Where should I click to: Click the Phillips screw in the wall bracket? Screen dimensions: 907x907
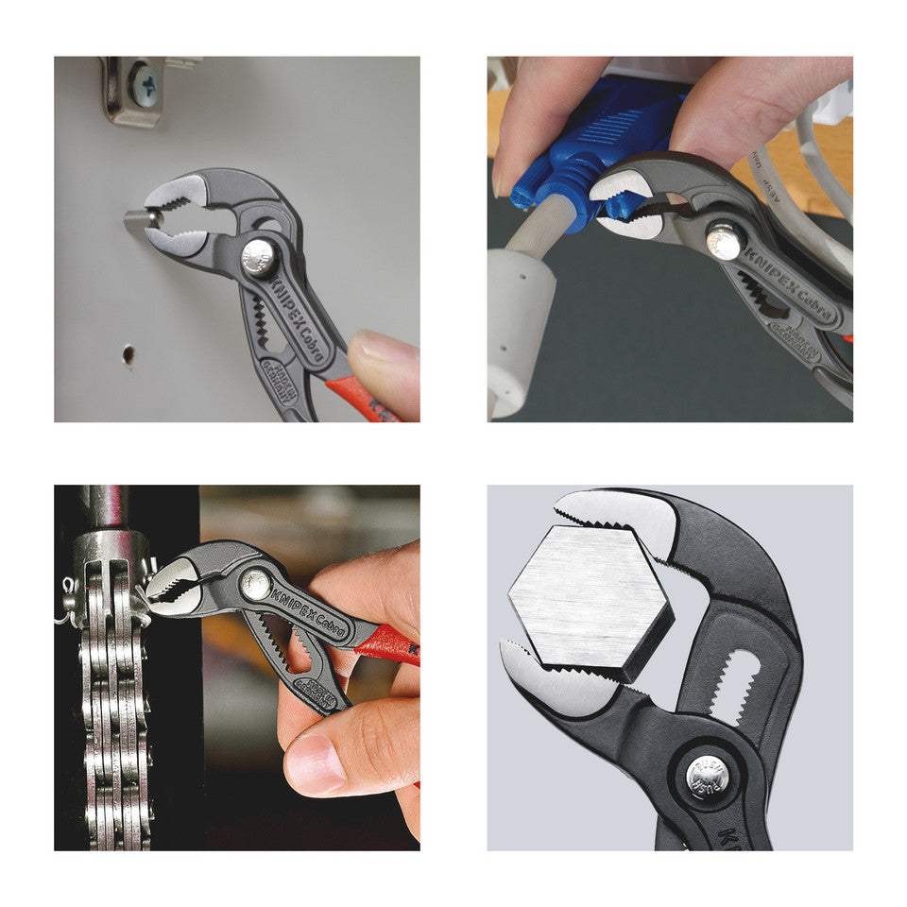point(144,84)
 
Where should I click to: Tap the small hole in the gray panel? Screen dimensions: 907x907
point(128,355)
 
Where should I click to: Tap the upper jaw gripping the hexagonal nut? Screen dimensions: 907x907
point(624,520)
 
